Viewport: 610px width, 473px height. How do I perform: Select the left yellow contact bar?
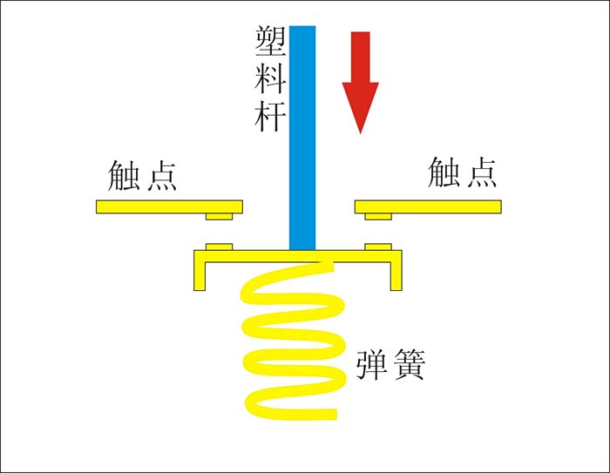coord(166,206)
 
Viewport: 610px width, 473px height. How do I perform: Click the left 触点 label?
coord(143,174)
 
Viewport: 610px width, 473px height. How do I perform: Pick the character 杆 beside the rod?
coord(267,116)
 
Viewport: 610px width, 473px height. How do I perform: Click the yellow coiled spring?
coord(291,340)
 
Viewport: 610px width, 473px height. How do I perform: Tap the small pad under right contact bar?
coord(377,215)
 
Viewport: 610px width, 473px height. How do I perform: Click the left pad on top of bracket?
coord(219,247)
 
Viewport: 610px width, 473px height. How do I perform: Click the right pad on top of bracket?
coord(377,247)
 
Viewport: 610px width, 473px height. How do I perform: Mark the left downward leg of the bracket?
coord(200,272)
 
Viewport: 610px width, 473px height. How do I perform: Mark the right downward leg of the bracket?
coord(396,272)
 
